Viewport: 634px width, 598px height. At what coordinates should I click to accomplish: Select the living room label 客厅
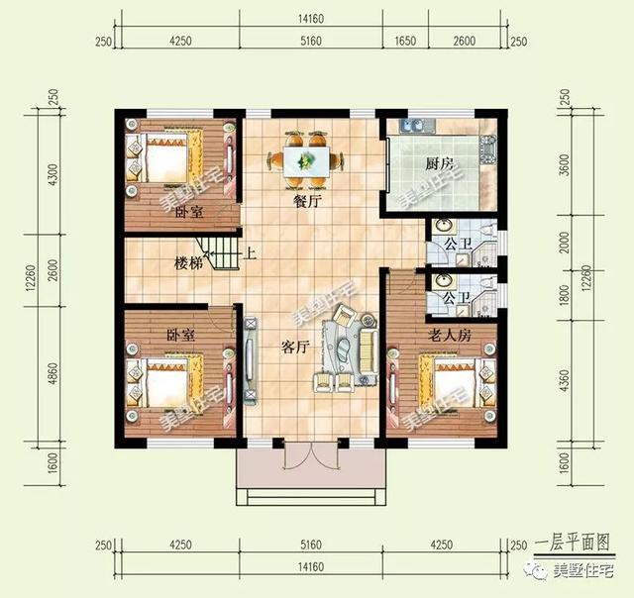tap(296, 347)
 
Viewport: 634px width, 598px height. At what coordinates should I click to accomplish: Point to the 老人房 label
tap(449, 337)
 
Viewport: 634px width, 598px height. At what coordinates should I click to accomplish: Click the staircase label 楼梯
tap(190, 263)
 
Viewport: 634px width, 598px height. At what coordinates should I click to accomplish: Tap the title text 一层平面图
tap(572, 544)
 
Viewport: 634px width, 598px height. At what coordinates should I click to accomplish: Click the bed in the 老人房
tap(457, 386)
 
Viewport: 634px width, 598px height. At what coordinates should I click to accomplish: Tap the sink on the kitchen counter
tap(414, 126)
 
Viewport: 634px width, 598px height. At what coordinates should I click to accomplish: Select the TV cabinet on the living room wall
tap(251, 361)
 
